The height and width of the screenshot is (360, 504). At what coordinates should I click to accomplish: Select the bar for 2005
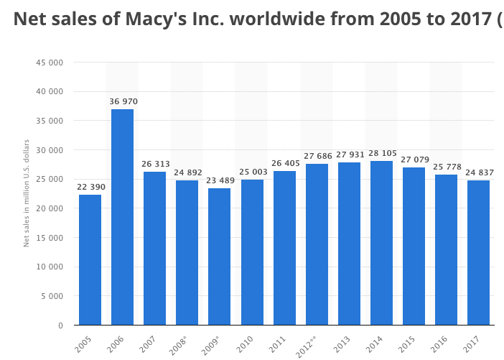click(x=90, y=259)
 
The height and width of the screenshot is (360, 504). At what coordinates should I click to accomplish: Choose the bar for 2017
click(x=478, y=252)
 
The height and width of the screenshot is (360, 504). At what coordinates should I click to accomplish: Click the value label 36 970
click(x=123, y=102)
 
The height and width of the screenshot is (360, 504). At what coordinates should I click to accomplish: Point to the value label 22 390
click(x=91, y=188)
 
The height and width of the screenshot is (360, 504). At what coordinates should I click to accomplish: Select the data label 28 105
click(x=382, y=154)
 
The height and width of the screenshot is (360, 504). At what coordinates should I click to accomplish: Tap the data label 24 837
click(x=479, y=173)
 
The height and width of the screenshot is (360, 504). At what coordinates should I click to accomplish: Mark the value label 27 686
click(x=317, y=156)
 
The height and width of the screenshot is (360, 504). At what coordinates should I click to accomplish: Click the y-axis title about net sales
click(x=27, y=193)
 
